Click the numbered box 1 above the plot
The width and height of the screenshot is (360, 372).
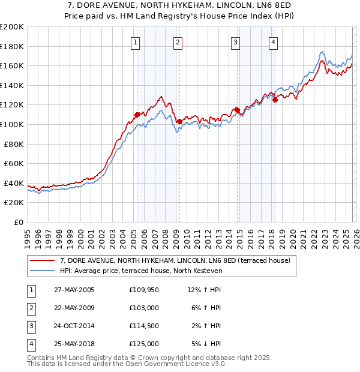pyautogui.click(x=136, y=42)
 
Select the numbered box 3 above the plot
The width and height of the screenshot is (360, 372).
pyautogui.click(x=236, y=42)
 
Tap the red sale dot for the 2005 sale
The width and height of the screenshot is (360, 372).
pyautogui.click(x=137, y=114)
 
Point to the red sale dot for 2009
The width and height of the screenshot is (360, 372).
pyautogui.click(x=179, y=121)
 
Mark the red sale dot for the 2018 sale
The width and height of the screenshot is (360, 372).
pyautogui.click(x=275, y=100)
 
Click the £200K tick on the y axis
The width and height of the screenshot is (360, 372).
pyautogui.click(x=12, y=27)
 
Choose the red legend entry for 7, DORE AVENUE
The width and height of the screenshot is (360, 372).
pyautogui.click(x=175, y=260)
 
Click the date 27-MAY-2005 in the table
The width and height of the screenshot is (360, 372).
pyautogui.click(x=74, y=290)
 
